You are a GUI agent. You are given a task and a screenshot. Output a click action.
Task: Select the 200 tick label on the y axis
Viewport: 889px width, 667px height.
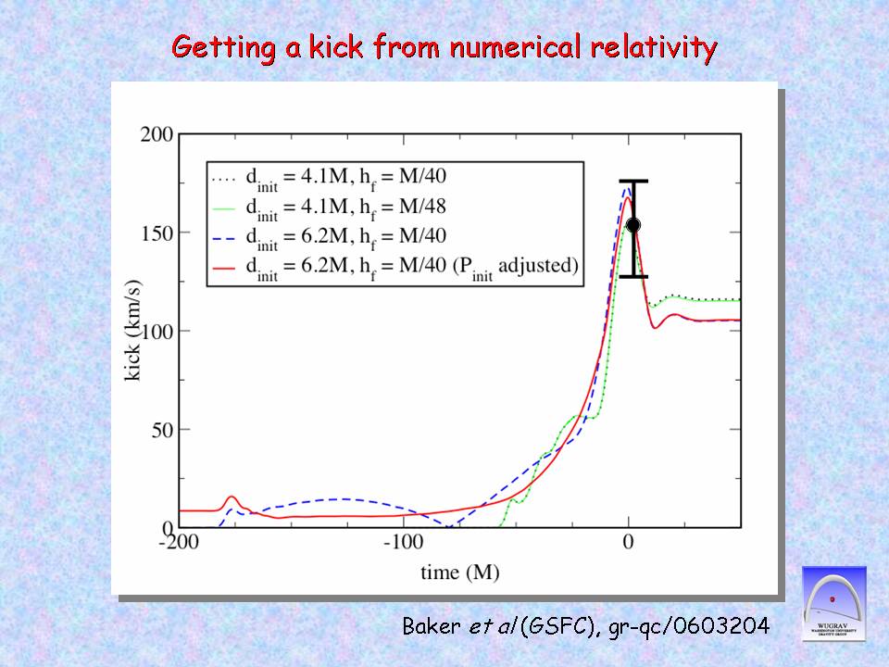coord(157,134)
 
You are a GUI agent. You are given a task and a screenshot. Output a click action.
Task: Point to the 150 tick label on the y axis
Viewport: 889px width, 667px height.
coord(157,233)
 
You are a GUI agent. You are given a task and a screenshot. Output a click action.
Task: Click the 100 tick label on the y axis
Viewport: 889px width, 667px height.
coord(157,331)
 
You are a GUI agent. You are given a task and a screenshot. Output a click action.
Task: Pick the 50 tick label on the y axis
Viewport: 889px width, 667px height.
coord(161,430)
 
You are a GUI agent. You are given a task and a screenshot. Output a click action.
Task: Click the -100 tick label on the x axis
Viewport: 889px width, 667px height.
coord(404,543)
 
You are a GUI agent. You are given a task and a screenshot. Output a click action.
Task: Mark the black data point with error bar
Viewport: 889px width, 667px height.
coord(633,225)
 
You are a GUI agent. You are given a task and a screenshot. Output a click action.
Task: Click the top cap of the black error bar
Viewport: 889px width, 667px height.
coord(633,182)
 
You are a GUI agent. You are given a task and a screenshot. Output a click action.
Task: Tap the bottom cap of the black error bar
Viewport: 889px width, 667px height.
coord(633,276)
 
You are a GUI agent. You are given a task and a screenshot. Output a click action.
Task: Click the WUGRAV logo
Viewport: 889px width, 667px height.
coord(833,602)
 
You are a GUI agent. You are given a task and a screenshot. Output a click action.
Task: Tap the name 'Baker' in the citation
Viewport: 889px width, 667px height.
coord(432,627)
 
